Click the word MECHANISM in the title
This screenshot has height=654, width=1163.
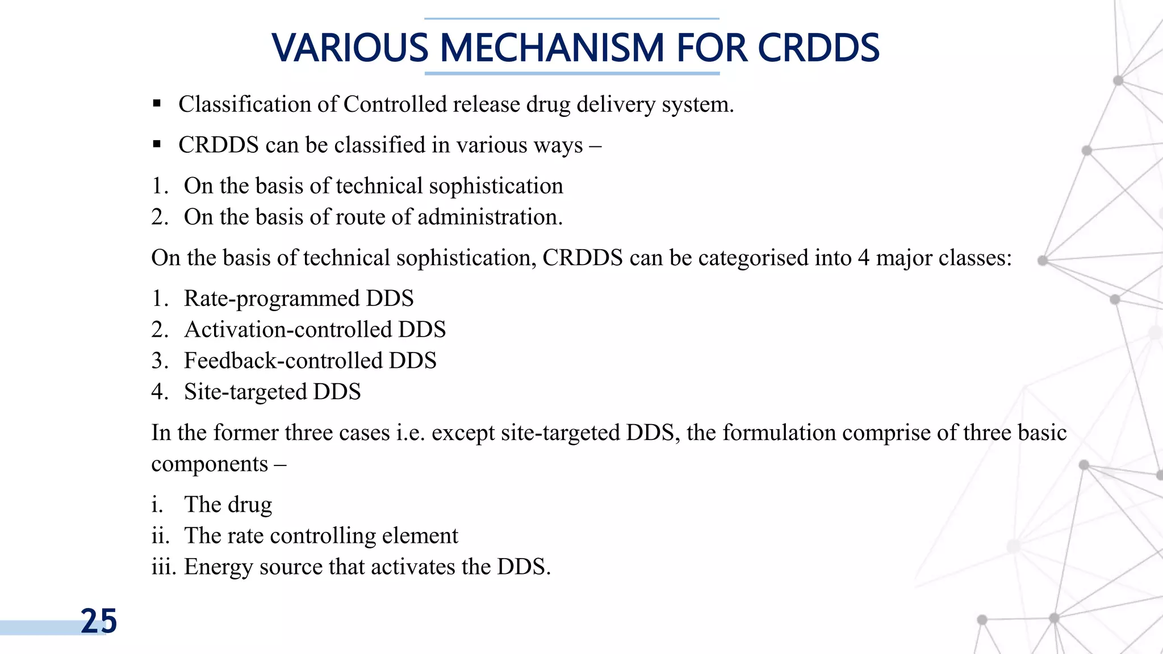point(551,48)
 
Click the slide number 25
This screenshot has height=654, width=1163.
point(99,621)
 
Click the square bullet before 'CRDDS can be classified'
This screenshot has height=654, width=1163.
point(157,145)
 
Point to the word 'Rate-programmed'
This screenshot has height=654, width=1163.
point(271,299)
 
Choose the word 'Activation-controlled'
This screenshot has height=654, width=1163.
point(288,330)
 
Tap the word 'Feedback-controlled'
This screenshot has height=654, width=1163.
point(283,361)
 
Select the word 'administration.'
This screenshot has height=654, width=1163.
point(490,217)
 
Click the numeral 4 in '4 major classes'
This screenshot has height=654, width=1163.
point(863,258)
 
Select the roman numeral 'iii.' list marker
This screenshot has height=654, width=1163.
point(164,567)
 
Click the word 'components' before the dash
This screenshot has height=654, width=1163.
point(210,464)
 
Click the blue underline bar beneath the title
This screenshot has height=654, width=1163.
point(572,73)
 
